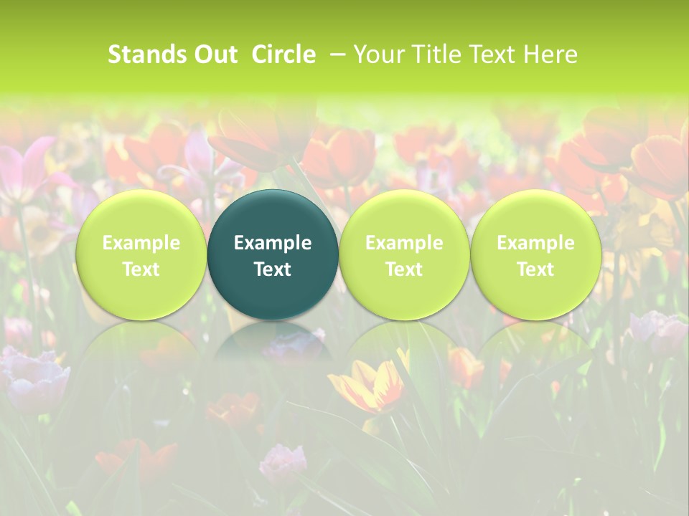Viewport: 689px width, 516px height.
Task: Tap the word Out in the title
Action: [x=213, y=54]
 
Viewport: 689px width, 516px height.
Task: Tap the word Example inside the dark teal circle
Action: [x=273, y=243]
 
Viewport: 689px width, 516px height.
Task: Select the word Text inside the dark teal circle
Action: [x=273, y=269]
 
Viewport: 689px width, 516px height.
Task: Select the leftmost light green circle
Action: [x=141, y=255]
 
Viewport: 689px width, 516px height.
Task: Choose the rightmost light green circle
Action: [x=535, y=255]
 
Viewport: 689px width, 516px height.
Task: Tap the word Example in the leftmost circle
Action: [x=141, y=243]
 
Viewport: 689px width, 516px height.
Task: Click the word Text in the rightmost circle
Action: [x=535, y=269]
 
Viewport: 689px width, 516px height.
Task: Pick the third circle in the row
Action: [x=404, y=255]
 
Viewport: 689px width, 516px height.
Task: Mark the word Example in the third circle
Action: [x=404, y=243]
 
